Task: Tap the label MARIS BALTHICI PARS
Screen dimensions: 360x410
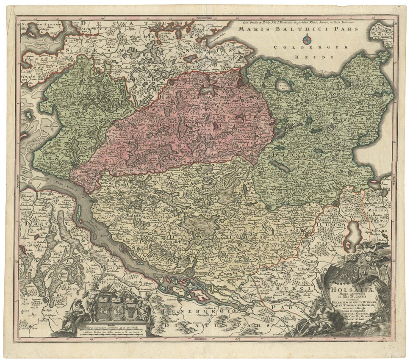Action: [298, 29]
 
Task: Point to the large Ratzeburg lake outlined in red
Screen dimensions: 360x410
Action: [351, 237]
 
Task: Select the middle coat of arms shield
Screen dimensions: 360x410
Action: [117, 308]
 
